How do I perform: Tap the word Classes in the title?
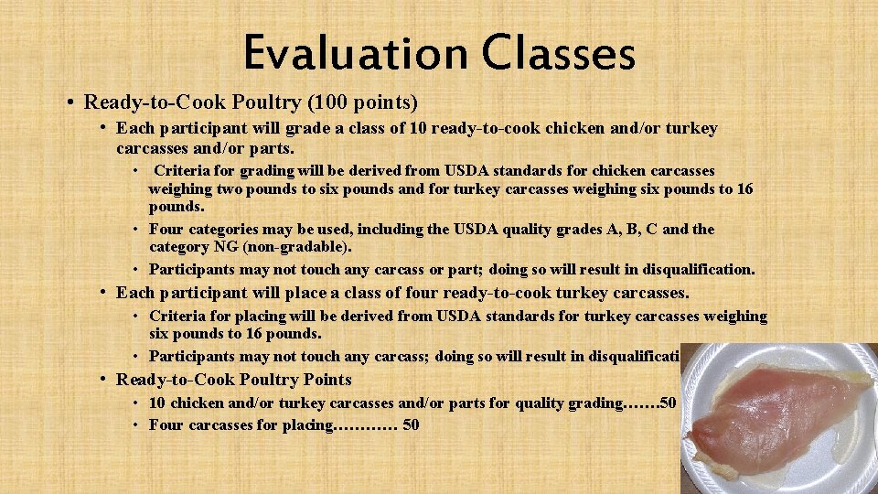pos(559,52)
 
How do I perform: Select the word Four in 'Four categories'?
pos(167,229)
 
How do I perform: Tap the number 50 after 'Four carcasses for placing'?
pos(411,424)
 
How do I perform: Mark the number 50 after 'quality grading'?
pos(668,403)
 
